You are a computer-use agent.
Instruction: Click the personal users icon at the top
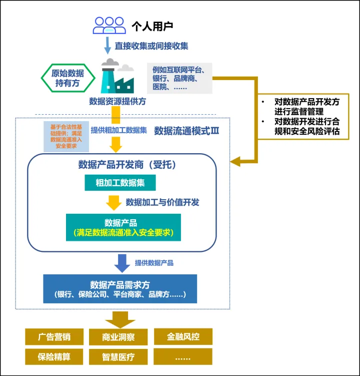109,25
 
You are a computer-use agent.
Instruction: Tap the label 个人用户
152,26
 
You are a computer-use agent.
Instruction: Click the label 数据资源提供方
117,101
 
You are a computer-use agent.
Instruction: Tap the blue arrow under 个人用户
107,46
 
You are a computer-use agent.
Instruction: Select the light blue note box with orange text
66,136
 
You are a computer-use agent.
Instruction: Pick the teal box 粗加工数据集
120,183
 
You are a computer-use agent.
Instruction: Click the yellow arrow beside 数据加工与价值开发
114,202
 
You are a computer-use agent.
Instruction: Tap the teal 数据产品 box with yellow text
123,227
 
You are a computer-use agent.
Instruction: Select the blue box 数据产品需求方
120,289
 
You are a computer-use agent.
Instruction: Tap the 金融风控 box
183,337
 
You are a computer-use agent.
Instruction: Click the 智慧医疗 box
118,357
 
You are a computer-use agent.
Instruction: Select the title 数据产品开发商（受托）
127,165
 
